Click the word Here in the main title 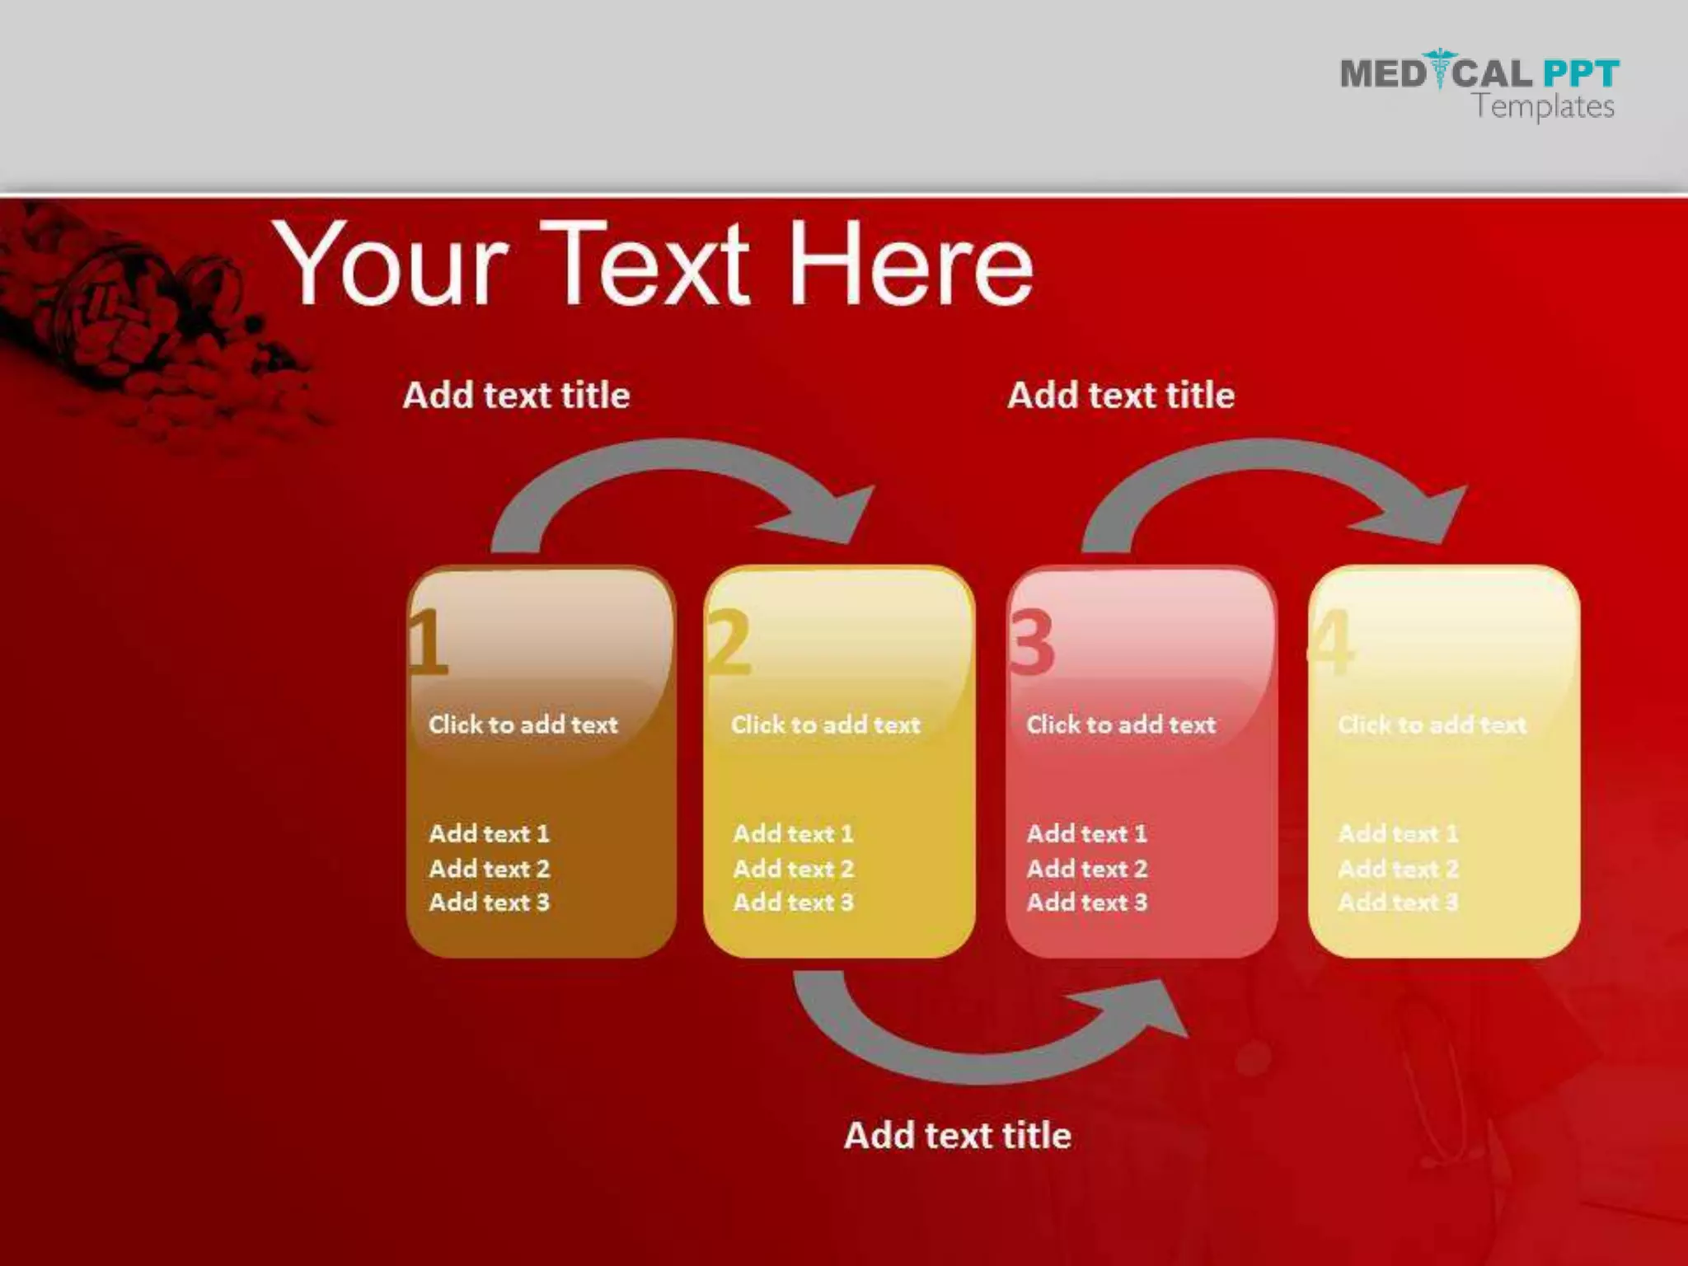pos(911,264)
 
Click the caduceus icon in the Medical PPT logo pos(1439,69)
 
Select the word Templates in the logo pos(1544,107)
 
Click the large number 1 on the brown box pos(428,641)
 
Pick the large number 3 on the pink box pos(1032,641)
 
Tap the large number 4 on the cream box pos(1332,641)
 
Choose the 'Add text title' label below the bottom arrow pos(958,1136)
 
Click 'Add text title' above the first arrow pos(517,396)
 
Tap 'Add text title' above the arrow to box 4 pos(1121,396)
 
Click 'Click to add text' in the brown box pos(523,724)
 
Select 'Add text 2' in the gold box pos(793,869)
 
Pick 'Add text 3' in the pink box pos(1086,903)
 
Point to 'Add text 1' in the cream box pos(1398,834)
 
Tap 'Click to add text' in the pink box pos(1121,724)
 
